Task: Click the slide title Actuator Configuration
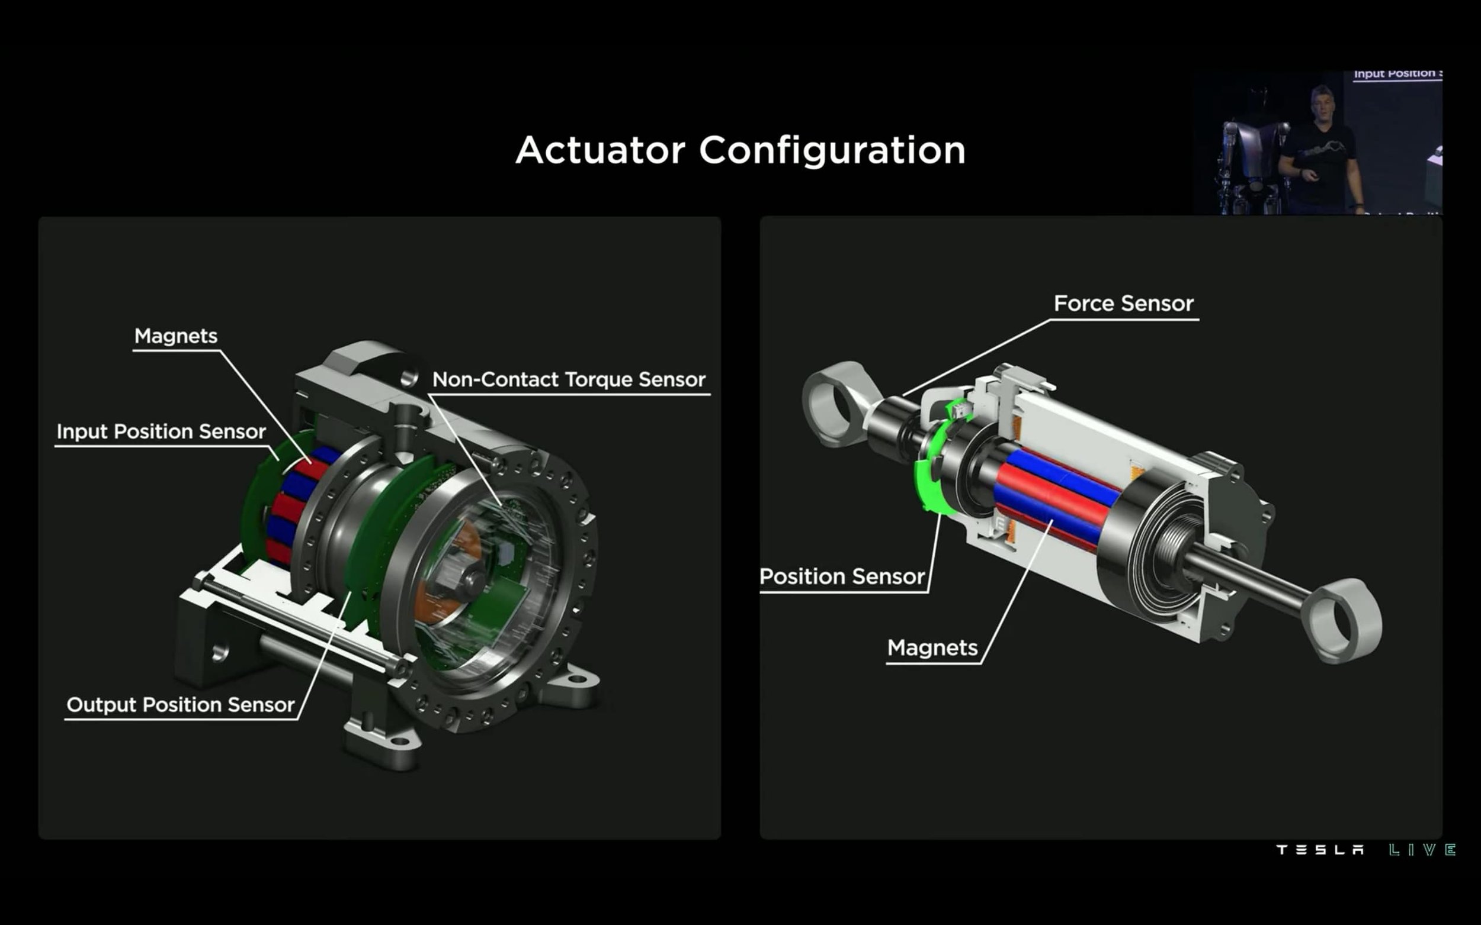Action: [x=740, y=150]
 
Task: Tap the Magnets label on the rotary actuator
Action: [x=176, y=337]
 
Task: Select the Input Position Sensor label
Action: [x=161, y=432]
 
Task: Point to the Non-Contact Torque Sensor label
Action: [x=569, y=380]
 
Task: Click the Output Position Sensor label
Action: [x=180, y=705]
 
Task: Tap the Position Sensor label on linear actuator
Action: [x=842, y=577]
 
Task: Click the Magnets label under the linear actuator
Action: [x=932, y=648]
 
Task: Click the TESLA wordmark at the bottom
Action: [x=1320, y=850]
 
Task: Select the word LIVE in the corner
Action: [x=1422, y=850]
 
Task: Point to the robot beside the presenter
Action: [x=1252, y=159]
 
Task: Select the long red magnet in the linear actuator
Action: [x=1050, y=492]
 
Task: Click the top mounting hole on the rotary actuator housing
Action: [x=409, y=378]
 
